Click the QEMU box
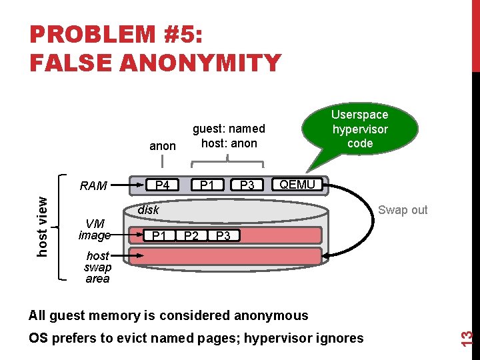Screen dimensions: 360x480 297,185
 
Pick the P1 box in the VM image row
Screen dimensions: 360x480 160,235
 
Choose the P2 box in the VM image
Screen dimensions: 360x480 191,235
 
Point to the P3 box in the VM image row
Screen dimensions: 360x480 223,235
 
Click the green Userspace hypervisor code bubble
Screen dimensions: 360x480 360,129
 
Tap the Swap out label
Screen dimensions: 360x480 402,210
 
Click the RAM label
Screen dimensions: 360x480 93,186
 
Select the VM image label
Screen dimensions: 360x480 94,229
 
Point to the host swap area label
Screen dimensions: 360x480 97,267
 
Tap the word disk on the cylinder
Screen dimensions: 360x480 148,210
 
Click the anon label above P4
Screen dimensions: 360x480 163,146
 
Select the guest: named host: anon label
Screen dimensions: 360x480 229,135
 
